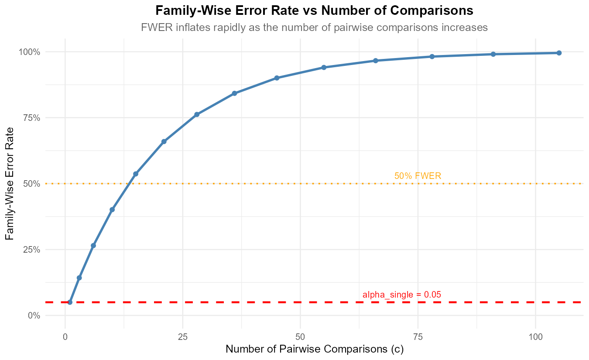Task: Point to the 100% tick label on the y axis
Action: [29, 52]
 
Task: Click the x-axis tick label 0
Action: [65, 337]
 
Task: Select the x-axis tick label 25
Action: [183, 337]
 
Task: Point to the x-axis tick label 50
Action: [300, 337]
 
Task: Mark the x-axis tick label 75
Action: [418, 337]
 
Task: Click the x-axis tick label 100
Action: [535, 337]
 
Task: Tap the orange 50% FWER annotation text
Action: [418, 176]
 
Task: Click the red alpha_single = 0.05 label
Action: [402, 295]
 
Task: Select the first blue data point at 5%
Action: [70, 302]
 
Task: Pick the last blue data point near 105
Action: [559, 53]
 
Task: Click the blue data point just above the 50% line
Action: [136, 174]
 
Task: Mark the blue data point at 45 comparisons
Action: [277, 78]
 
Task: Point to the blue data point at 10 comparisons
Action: [112, 209]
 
